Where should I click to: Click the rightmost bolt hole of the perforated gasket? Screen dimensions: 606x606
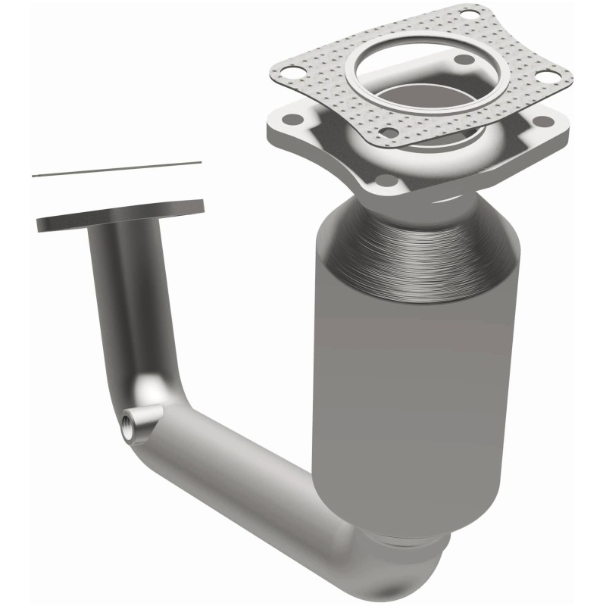(543, 76)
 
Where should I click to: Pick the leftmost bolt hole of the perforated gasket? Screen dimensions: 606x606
(285, 73)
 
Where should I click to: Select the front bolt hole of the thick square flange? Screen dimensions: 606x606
(387, 180)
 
